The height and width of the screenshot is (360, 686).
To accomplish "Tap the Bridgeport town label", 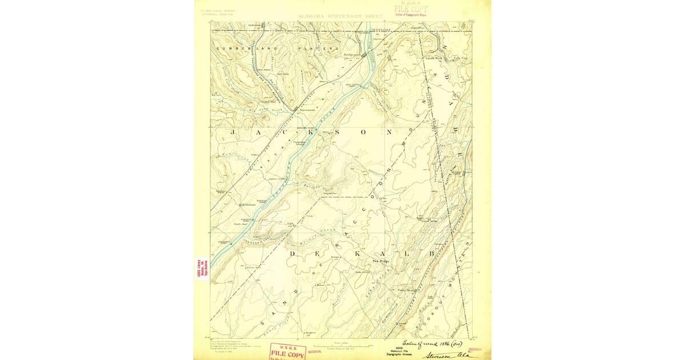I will pyautogui.click(x=352, y=55).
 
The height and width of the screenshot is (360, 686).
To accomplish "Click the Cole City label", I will pyautogui.click(x=460, y=58).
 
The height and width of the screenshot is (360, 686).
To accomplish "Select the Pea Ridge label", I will pyautogui.click(x=381, y=261).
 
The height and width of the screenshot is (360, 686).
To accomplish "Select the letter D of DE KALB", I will pyautogui.click(x=292, y=253).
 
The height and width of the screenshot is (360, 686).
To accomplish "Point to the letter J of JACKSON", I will pyautogui.click(x=233, y=132).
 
